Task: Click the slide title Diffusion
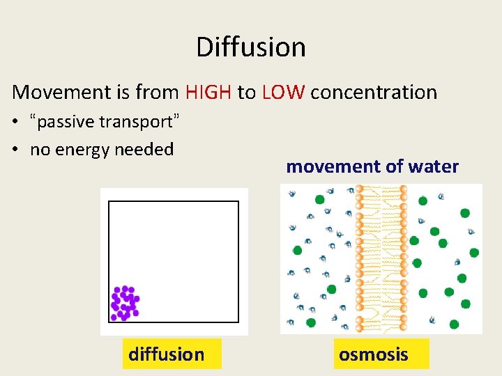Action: coord(250,47)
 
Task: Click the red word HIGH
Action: coord(208,92)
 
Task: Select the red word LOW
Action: coord(283,92)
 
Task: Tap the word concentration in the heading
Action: coord(374,93)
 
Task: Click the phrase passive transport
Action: coord(105,122)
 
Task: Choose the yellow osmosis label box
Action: coord(381,354)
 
